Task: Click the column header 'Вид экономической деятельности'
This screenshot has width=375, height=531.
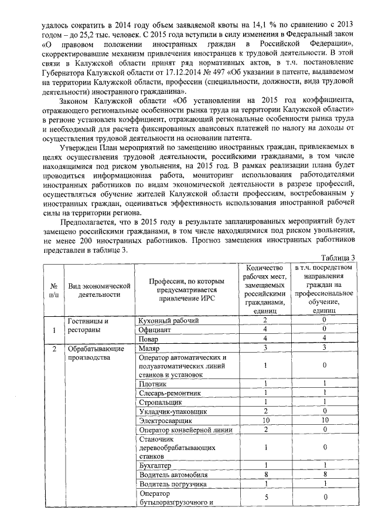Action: coord(98,290)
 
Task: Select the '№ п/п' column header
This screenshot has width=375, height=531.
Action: coord(54,290)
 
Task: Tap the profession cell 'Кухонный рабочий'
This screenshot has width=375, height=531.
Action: coord(168,320)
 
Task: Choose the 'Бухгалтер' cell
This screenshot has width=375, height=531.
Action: coord(155,465)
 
